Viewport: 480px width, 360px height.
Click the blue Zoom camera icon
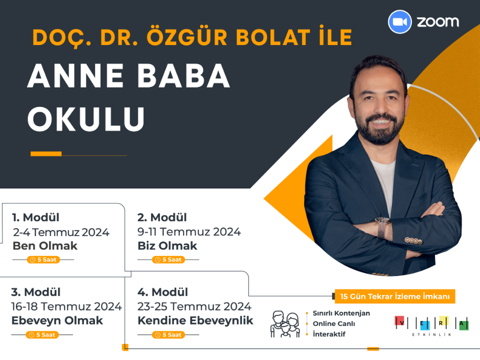point(400,21)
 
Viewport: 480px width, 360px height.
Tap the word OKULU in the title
point(86,119)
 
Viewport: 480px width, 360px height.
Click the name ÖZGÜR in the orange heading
point(187,37)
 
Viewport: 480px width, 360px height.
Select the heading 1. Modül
point(35,217)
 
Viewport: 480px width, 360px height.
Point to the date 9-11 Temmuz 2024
point(189,231)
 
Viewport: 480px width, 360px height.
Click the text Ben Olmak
point(45,246)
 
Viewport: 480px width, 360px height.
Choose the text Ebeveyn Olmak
point(57,320)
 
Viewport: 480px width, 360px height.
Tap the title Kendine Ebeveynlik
point(195,320)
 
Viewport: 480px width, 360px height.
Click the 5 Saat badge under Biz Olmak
point(168,259)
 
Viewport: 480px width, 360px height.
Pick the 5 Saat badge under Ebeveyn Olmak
point(42,335)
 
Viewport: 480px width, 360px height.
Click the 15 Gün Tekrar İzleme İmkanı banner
point(395,296)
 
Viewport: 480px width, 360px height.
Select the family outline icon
point(285,324)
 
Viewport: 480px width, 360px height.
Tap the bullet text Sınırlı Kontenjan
point(341,313)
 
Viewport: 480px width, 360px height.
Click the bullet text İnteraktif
point(329,334)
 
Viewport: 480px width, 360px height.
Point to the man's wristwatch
point(382,227)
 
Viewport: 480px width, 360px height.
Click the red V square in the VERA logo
point(399,320)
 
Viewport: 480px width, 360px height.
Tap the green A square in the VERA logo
point(464,325)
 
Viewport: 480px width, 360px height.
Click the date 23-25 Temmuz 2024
point(194,306)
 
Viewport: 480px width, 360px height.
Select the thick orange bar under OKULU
point(46,153)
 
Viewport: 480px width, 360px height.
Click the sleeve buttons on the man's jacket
point(413,240)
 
